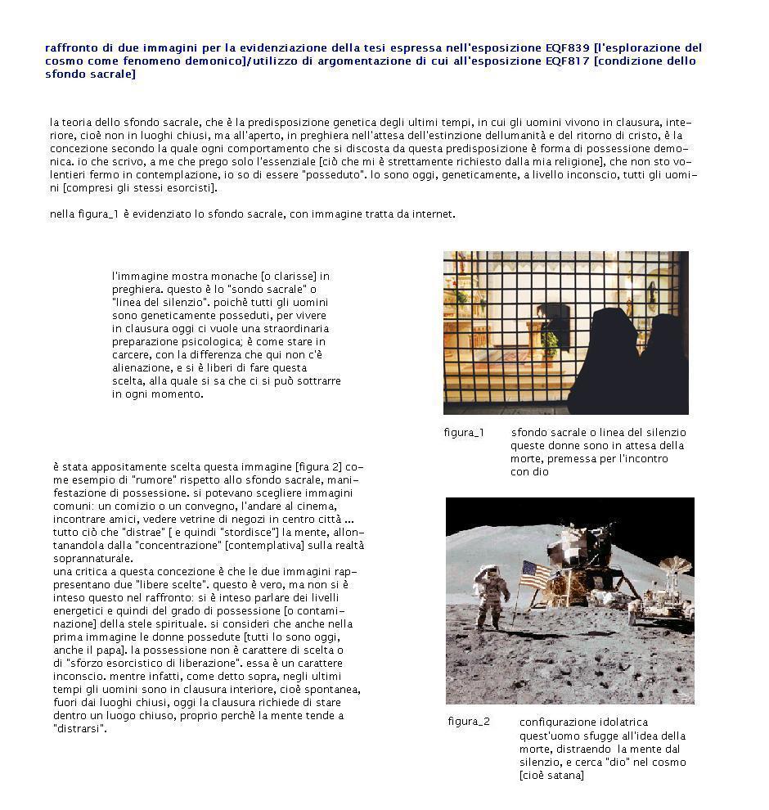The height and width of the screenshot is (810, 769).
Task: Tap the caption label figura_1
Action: pyautogui.click(x=464, y=433)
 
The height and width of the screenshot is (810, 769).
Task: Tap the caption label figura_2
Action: pyautogui.click(x=469, y=722)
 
